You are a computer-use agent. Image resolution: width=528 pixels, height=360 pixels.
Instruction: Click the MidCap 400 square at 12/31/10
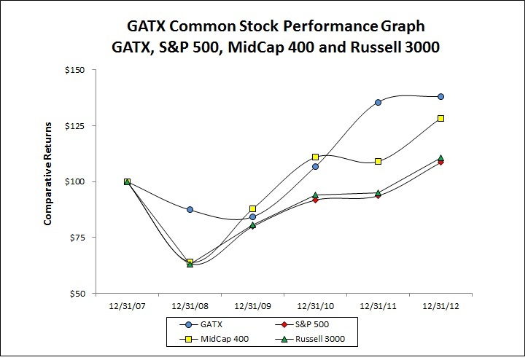(x=315, y=157)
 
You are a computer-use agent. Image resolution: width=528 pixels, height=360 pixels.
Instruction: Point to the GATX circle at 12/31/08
(x=190, y=209)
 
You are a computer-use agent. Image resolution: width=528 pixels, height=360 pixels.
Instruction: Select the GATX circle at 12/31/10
(x=315, y=167)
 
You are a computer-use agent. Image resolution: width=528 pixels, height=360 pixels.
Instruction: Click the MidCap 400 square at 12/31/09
(x=253, y=208)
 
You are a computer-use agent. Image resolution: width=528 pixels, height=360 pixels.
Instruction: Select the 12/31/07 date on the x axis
(x=127, y=307)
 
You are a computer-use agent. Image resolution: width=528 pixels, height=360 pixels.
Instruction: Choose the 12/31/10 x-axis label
(x=315, y=307)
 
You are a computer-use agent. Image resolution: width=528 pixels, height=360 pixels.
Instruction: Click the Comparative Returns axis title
(x=47, y=182)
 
